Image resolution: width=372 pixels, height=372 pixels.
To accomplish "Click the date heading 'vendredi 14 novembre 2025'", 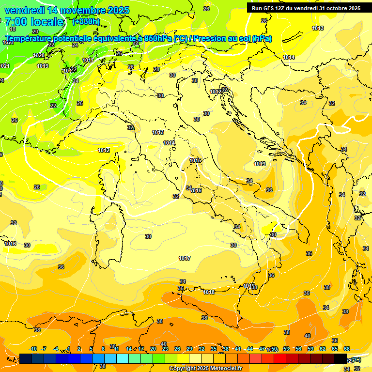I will pyautogui.click(x=67, y=10).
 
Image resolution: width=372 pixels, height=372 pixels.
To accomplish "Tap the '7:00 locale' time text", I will pyautogui.click(x=34, y=22).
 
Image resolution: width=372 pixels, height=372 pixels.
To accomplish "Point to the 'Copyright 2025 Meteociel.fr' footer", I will pyautogui.click(x=205, y=368).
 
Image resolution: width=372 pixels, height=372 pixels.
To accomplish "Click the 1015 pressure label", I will pyautogui.click(x=195, y=160).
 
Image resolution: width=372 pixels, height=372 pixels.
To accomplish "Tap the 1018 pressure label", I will pyautogui.click(x=209, y=292).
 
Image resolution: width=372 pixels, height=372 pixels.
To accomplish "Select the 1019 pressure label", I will pyautogui.click(x=43, y=66).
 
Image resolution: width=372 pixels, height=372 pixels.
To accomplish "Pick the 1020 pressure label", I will pyautogui.click(x=39, y=55).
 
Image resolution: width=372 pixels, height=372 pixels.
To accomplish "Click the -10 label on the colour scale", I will pyautogui.click(x=33, y=349).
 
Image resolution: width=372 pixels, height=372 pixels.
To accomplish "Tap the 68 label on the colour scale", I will pyautogui.click(x=347, y=349).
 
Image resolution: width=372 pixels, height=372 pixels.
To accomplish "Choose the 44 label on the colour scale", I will pyautogui.click(x=250, y=349).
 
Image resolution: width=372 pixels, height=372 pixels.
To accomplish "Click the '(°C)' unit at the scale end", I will pyautogui.click(x=356, y=359).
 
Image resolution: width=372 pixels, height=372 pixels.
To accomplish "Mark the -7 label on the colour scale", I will pyautogui.click(x=44, y=349).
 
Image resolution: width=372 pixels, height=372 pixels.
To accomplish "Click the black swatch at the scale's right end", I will pyautogui.click(x=341, y=358).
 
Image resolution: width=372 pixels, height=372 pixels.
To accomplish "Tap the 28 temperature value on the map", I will pyautogui.click(x=156, y=69).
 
